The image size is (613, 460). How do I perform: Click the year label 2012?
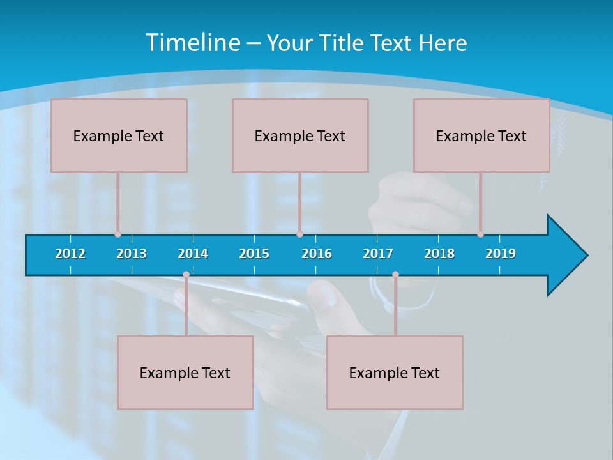[70, 254]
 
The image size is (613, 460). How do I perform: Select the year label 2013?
[132, 254]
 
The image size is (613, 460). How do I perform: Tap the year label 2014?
[193, 254]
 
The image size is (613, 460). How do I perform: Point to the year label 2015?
[254, 254]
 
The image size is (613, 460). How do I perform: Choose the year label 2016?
[317, 254]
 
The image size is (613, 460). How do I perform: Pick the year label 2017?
[378, 254]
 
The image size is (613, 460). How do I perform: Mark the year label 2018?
[439, 254]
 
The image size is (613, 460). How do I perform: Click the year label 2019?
[501, 254]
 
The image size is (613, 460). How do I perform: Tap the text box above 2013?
[119, 135]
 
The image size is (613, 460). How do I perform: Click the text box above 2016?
[300, 135]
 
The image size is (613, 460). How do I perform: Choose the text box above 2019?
[481, 135]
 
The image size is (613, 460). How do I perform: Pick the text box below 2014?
[185, 372]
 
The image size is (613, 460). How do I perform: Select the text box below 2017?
[395, 372]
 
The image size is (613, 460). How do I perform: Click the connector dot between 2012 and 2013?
[117, 234]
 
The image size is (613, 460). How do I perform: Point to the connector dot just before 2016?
[299, 234]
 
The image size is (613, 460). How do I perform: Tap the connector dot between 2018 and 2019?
[480, 234]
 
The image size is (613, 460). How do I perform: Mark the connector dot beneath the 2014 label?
[186, 275]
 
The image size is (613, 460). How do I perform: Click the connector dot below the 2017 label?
[395, 275]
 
